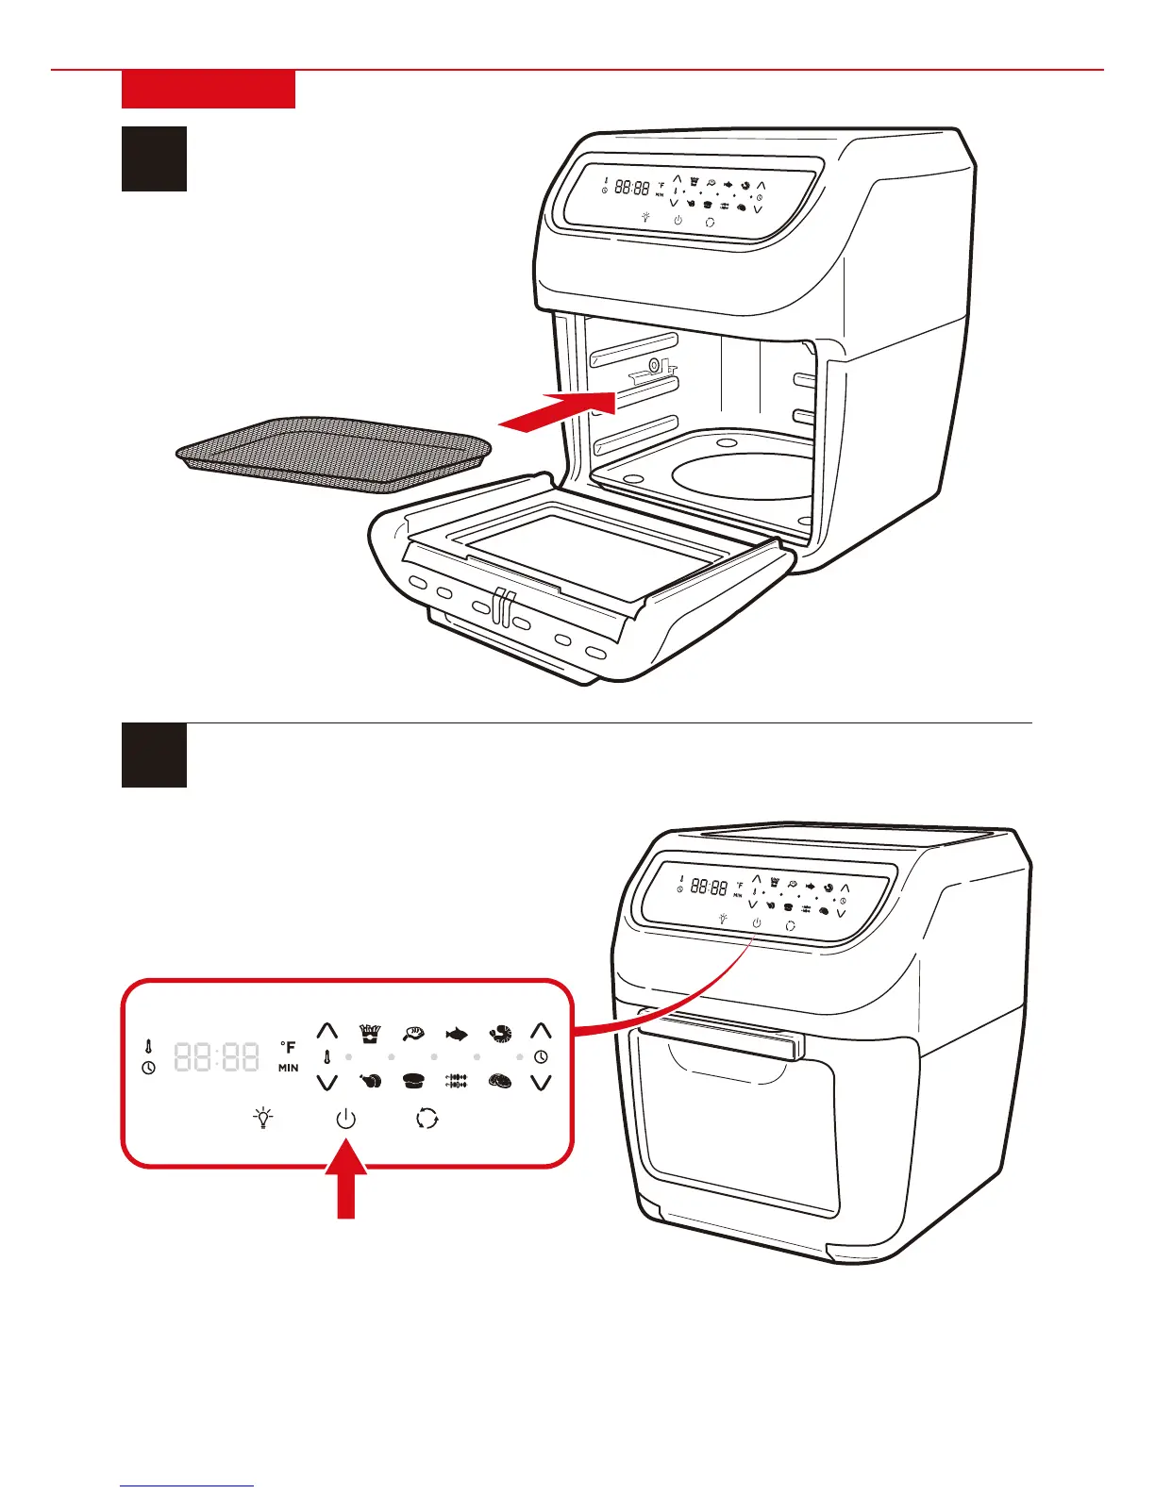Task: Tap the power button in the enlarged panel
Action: tap(346, 1120)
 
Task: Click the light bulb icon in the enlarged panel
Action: tap(264, 1119)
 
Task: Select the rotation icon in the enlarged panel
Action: tap(427, 1119)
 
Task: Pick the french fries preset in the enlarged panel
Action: tap(370, 1034)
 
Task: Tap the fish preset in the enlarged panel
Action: tap(457, 1035)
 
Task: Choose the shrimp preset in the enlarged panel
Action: tap(500, 1035)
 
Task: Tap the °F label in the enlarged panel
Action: tap(288, 1047)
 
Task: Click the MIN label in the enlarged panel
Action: tap(289, 1068)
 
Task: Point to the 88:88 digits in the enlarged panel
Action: tap(217, 1057)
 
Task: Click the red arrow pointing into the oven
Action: tap(559, 411)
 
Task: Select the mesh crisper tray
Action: tap(335, 454)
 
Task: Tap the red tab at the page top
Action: tap(209, 90)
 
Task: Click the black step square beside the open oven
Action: tap(154, 158)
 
